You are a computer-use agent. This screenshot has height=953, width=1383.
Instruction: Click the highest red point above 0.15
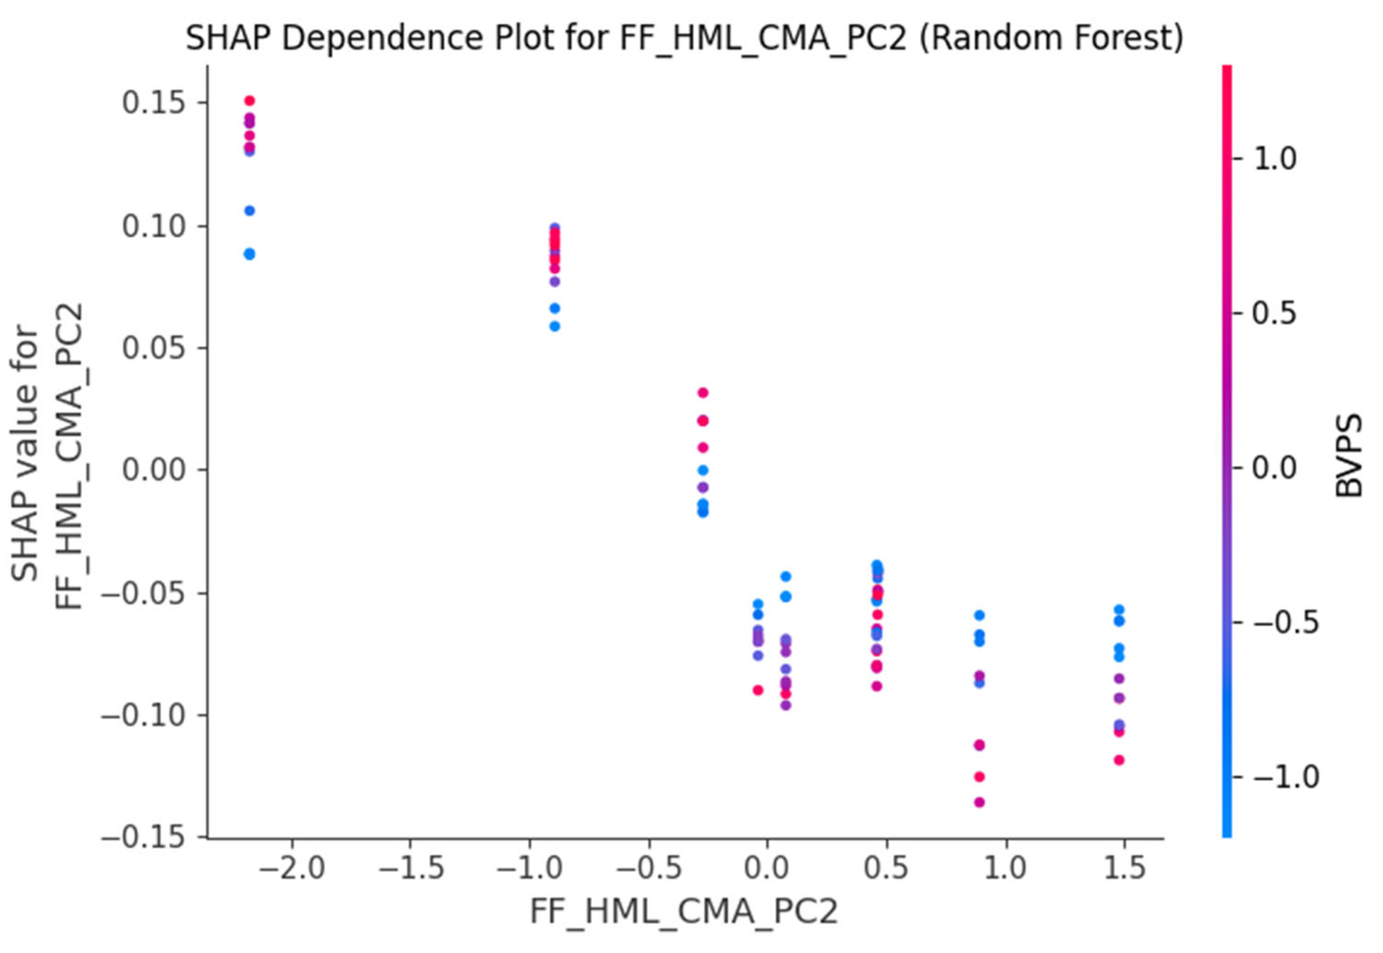click(250, 101)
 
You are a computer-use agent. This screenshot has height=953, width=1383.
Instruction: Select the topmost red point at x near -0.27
click(703, 392)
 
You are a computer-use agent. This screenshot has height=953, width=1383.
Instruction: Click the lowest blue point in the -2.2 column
click(250, 254)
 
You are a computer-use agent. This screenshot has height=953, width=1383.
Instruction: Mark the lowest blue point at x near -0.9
click(555, 326)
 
